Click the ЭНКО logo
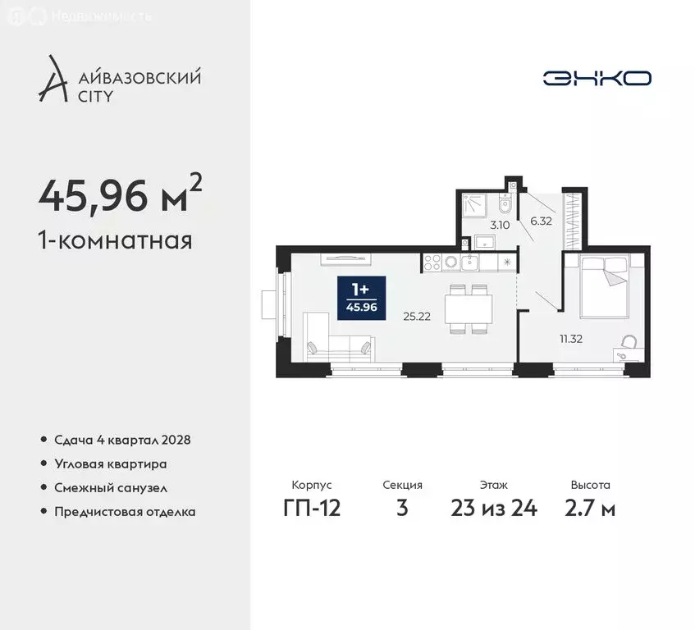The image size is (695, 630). (597, 78)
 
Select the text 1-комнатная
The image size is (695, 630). (116, 241)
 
